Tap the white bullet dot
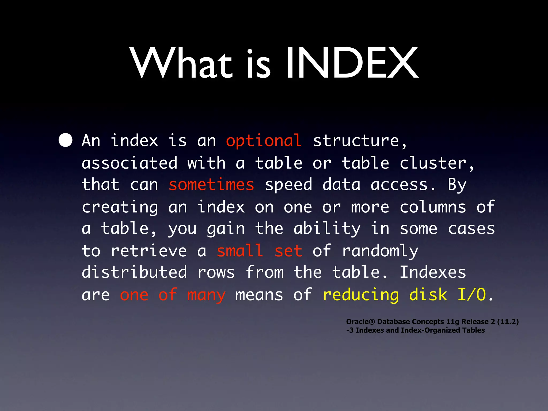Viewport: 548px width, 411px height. (x=66, y=140)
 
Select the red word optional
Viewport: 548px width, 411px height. (x=264, y=141)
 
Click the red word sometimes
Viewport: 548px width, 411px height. (x=211, y=185)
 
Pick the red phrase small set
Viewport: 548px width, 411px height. (x=259, y=251)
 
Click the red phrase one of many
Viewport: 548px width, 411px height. (x=173, y=295)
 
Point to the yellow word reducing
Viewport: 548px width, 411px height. (x=361, y=295)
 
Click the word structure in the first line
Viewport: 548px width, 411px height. (x=356, y=141)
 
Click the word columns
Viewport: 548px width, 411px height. (x=433, y=207)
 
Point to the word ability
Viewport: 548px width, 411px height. (x=327, y=229)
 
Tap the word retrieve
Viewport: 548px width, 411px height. (x=149, y=251)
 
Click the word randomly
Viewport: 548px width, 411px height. (x=380, y=251)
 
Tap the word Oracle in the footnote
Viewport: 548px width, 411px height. (x=357, y=322)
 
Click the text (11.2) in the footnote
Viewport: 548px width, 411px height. (x=508, y=322)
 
